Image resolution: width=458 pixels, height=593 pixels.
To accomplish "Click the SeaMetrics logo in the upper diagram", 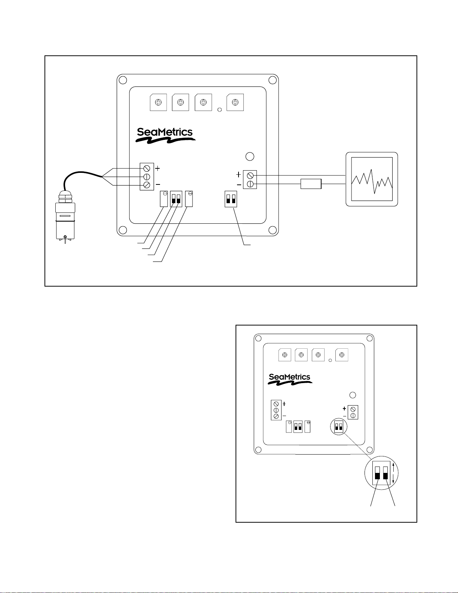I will click(x=165, y=135).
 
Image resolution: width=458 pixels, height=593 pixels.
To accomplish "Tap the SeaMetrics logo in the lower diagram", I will click(x=290, y=379).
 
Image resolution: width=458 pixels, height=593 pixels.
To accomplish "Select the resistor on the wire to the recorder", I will click(x=311, y=184).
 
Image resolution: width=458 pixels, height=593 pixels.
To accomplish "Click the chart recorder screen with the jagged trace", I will click(x=372, y=179).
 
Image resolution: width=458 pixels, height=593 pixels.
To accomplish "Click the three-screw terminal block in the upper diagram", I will click(x=147, y=177).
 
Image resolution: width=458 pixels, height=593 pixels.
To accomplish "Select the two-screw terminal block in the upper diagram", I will click(x=250, y=180).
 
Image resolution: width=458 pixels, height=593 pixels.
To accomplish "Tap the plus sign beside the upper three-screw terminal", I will click(x=158, y=168).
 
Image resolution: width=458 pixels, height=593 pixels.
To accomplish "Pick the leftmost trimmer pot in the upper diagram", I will click(x=158, y=102).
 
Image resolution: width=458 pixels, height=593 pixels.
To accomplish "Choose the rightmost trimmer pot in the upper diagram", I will click(x=235, y=102).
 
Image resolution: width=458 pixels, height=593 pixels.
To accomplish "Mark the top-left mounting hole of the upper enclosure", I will click(x=123, y=80).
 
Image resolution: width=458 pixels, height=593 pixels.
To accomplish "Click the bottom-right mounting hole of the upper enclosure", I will click(x=273, y=230).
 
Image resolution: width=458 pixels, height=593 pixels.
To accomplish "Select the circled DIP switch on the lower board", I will click(x=338, y=427).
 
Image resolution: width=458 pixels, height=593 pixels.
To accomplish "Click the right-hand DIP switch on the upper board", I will click(x=231, y=199).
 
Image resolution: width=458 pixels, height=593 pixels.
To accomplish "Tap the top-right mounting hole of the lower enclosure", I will click(x=369, y=339).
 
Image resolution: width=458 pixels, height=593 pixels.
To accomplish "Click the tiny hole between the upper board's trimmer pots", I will click(x=219, y=110).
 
